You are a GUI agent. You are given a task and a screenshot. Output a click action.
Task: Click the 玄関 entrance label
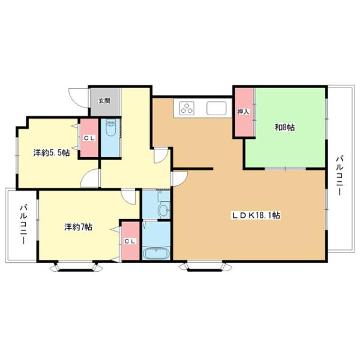coord(104,101)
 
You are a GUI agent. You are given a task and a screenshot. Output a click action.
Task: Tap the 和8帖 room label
coord(284,127)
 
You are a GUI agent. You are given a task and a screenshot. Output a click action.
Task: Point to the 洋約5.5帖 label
coord(51,153)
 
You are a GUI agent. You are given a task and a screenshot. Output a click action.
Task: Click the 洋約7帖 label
coord(79,227)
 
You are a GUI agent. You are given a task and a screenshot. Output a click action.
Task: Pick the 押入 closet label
coord(243,112)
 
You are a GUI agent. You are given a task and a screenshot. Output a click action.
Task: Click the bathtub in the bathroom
coord(157,252)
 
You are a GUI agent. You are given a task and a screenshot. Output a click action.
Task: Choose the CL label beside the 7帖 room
coord(130,241)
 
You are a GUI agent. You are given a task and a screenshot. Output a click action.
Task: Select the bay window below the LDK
coord(204,266)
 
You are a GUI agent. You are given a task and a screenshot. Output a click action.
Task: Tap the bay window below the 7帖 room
coord(75,266)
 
